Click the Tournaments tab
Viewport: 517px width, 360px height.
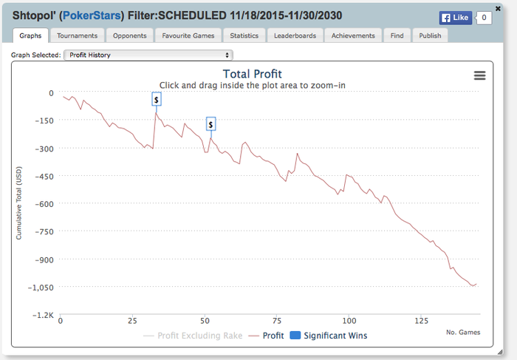pos(78,35)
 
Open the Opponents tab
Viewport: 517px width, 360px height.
pos(129,35)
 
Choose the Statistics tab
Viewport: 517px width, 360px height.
pos(244,35)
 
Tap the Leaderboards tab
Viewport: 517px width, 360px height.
pos(295,35)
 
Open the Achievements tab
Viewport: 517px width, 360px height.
pos(354,35)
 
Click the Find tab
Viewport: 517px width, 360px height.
pos(397,35)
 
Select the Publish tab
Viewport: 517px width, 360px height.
pos(429,35)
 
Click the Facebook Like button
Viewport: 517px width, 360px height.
pos(455,18)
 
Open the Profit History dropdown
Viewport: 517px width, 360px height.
pos(148,55)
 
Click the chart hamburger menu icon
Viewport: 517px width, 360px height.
pos(479,75)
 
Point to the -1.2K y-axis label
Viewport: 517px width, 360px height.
pos(43,315)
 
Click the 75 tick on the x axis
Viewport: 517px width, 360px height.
pos(277,321)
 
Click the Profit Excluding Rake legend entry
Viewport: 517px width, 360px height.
pos(194,336)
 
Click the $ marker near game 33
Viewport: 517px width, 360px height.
pos(157,99)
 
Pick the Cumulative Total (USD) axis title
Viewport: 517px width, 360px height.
pos(19,203)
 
